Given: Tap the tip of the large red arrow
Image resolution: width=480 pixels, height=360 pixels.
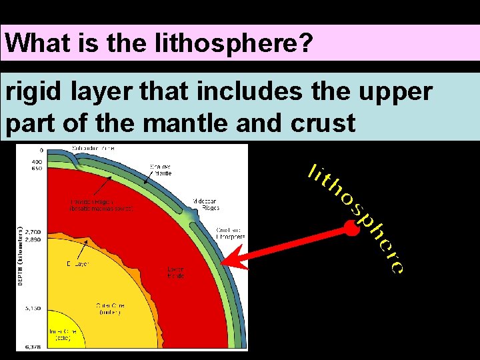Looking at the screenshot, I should click(x=227, y=263).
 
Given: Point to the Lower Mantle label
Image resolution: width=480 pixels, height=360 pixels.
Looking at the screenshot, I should click(x=176, y=272).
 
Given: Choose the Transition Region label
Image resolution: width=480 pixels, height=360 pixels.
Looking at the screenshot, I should click(x=101, y=205).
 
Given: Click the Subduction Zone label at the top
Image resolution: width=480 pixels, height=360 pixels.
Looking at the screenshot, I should click(x=97, y=148).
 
